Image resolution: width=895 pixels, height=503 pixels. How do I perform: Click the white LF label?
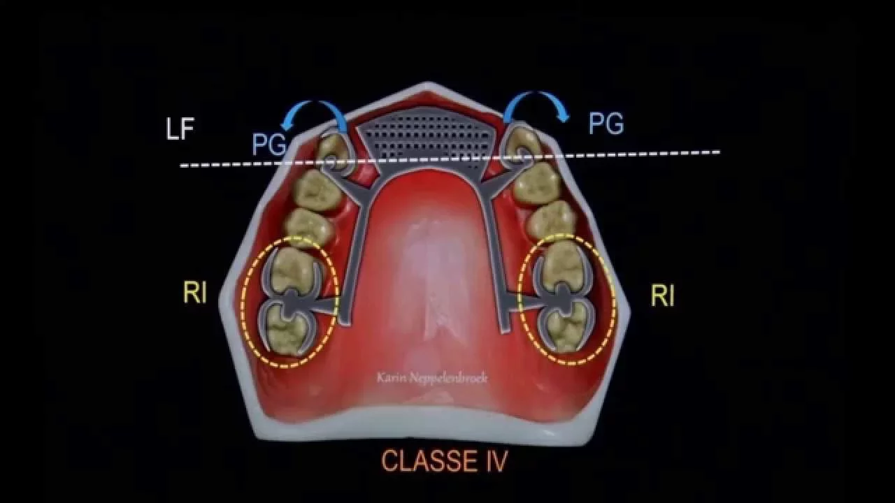180,129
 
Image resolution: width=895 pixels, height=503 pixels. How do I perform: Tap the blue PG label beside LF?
269,145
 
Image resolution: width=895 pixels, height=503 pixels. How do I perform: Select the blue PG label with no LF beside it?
606,124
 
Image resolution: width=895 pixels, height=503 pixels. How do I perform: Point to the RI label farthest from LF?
662,296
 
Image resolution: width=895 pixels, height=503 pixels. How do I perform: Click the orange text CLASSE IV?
443,461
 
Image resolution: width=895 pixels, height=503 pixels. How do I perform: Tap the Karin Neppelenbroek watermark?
431,378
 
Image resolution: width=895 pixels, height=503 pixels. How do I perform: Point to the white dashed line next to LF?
447,159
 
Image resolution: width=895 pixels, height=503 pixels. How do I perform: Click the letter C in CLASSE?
390,461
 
